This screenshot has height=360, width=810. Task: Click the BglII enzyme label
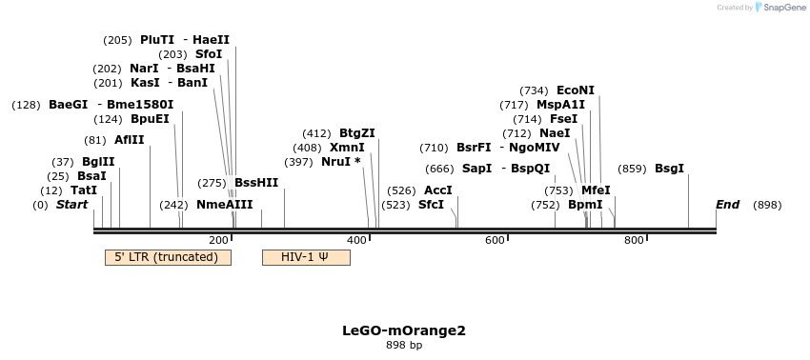click(x=98, y=162)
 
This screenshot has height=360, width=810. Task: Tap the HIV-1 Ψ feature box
click(x=305, y=257)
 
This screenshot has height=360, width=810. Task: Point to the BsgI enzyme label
click(x=669, y=169)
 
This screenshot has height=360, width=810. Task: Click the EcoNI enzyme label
click(x=576, y=90)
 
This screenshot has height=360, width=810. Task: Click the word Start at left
click(x=71, y=205)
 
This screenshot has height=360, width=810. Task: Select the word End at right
click(x=727, y=205)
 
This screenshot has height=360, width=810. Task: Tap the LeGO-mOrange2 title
click(x=404, y=331)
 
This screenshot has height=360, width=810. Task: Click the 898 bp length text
click(x=404, y=346)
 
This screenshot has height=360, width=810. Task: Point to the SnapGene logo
click(x=780, y=8)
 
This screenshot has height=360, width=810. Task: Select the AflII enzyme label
click(x=130, y=140)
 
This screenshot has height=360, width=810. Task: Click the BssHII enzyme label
click(x=256, y=183)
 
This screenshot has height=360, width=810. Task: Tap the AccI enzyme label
click(x=438, y=190)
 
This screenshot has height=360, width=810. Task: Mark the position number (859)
click(x=632, y=169)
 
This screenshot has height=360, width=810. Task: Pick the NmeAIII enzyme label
click(x=225, y=205)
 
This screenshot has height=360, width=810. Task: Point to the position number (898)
click(x=767, y=205)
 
